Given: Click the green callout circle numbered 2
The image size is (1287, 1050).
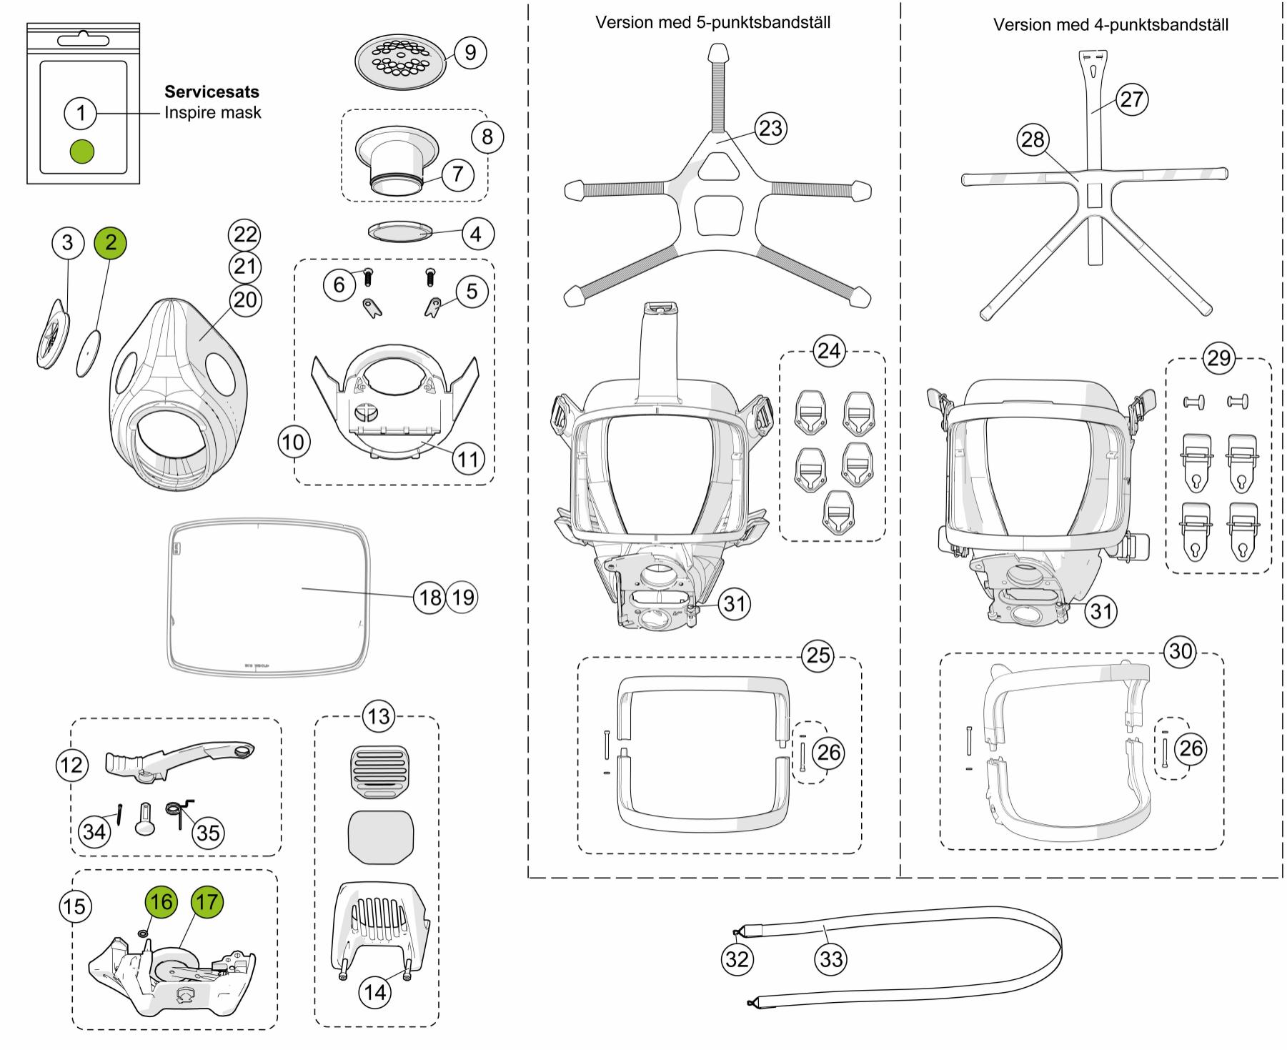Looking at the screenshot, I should pyautogui.click(x=110, y=242).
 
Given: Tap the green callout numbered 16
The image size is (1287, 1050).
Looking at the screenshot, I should pyautogui.click(x=161, y=901).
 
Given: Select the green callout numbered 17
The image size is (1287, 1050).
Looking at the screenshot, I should pyautogui.click(x=207, y=902).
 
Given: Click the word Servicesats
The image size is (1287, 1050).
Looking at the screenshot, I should pyautogui.click(x=212, y=91).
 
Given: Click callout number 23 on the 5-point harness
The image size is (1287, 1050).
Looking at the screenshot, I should pyautogui.click(x=770, y=129).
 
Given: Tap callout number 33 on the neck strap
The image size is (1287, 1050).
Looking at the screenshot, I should pyautogui.click(x=831, y=959).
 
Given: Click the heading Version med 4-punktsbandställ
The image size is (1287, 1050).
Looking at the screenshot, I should pyautogui.click(x=1110, y=25).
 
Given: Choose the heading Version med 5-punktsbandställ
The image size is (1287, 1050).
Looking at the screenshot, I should pyautogui.click(x=712, y=22).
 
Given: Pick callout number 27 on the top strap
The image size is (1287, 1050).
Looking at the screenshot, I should pyautogui.click(x=1132, y=99).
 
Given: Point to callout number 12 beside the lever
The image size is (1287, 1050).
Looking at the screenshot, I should pyautogui.click(x=72, y=766).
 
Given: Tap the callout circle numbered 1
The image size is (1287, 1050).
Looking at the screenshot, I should pyautogui.click(x=81, y=112).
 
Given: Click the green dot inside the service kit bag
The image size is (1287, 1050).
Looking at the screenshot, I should pyautogui.click(x=82, y=151).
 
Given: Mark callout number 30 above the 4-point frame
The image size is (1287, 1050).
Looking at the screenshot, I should pyautogui.click(x=1180, y=651).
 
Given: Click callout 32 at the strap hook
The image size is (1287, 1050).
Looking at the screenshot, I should pyautogui.click(x=737, y=959).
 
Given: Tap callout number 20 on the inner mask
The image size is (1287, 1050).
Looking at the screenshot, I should pyautogui.click(x=244, y=299).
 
